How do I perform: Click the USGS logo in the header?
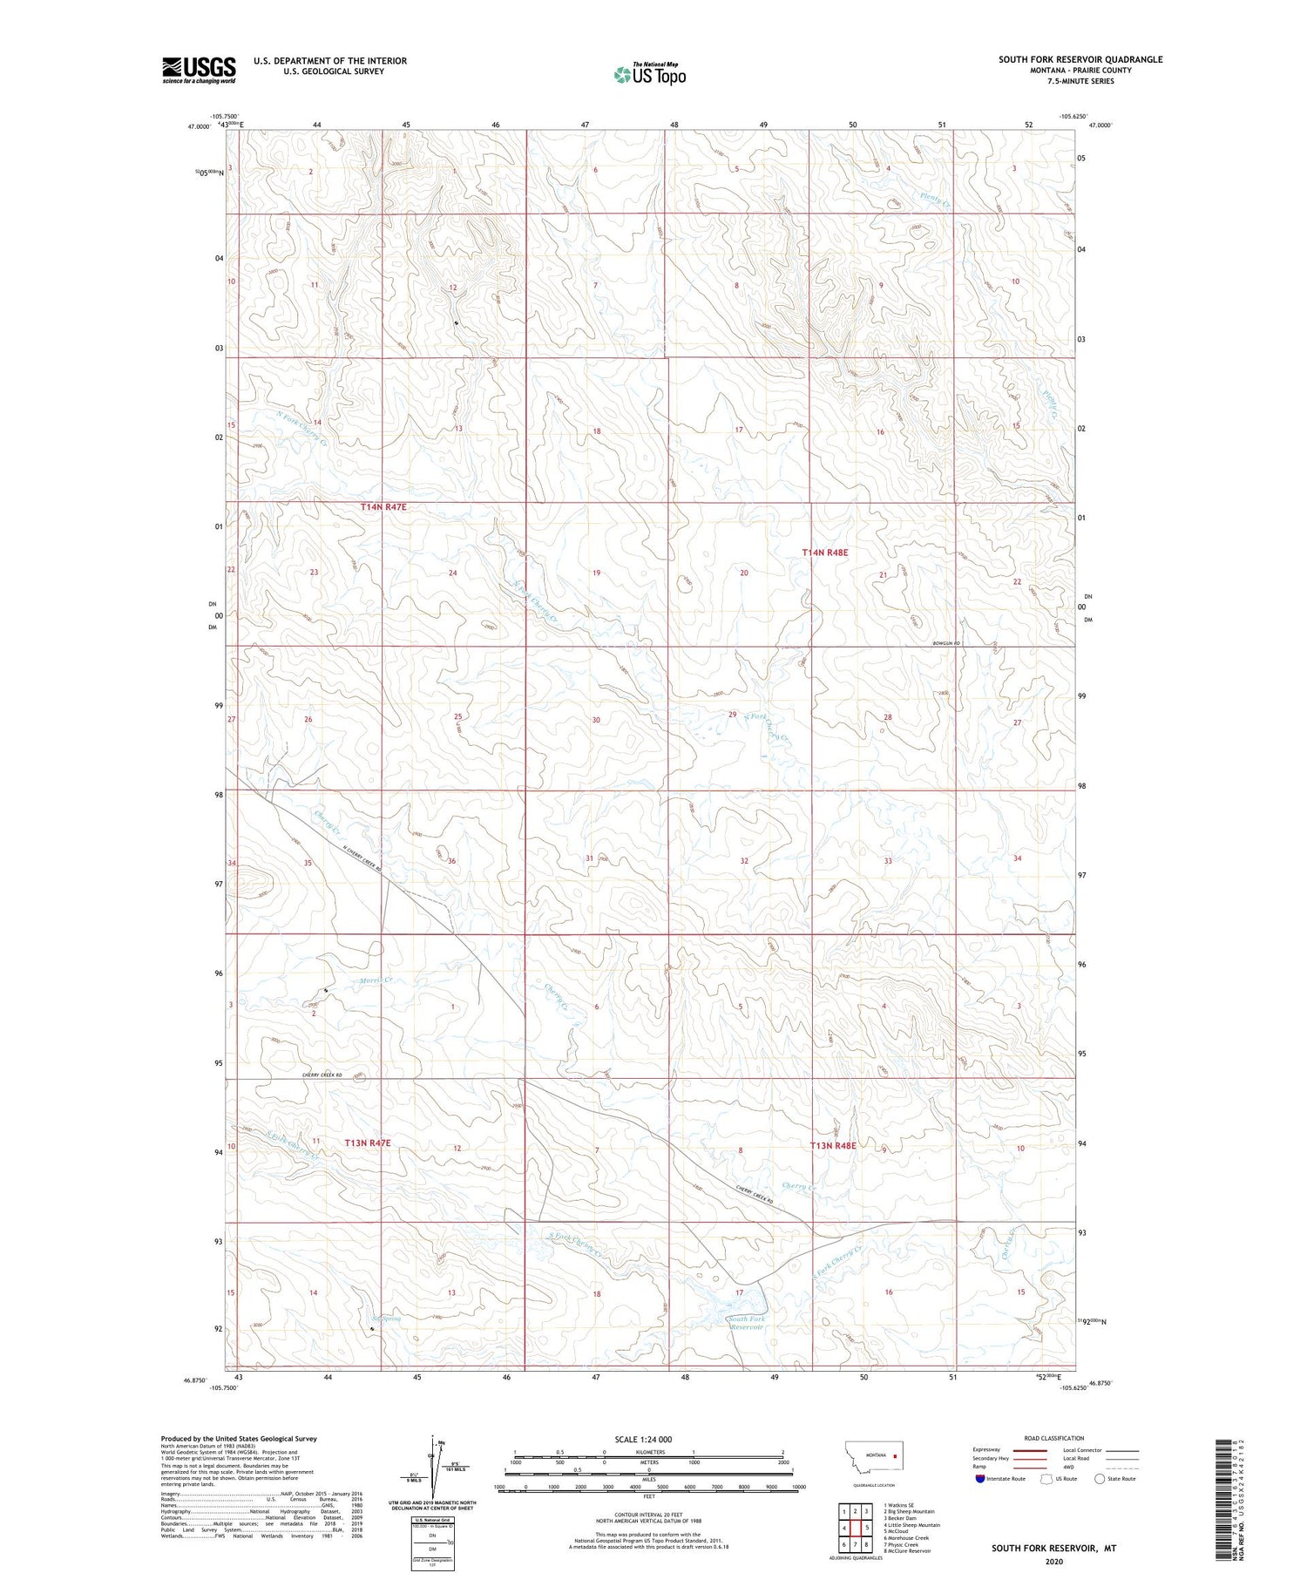[199, 70]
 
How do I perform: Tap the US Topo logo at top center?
[649, 75]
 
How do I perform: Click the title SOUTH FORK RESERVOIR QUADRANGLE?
[1080, 59]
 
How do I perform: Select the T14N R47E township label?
[383, 506]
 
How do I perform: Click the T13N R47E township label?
[368, 1142]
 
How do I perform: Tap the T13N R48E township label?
[833, 1145]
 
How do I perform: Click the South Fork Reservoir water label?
[746, 1323]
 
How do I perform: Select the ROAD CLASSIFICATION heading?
[1054, 1438]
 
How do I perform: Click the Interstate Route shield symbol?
[980, 1478]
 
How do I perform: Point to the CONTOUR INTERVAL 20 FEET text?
[648, 1515]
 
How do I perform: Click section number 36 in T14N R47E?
[451, 861]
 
